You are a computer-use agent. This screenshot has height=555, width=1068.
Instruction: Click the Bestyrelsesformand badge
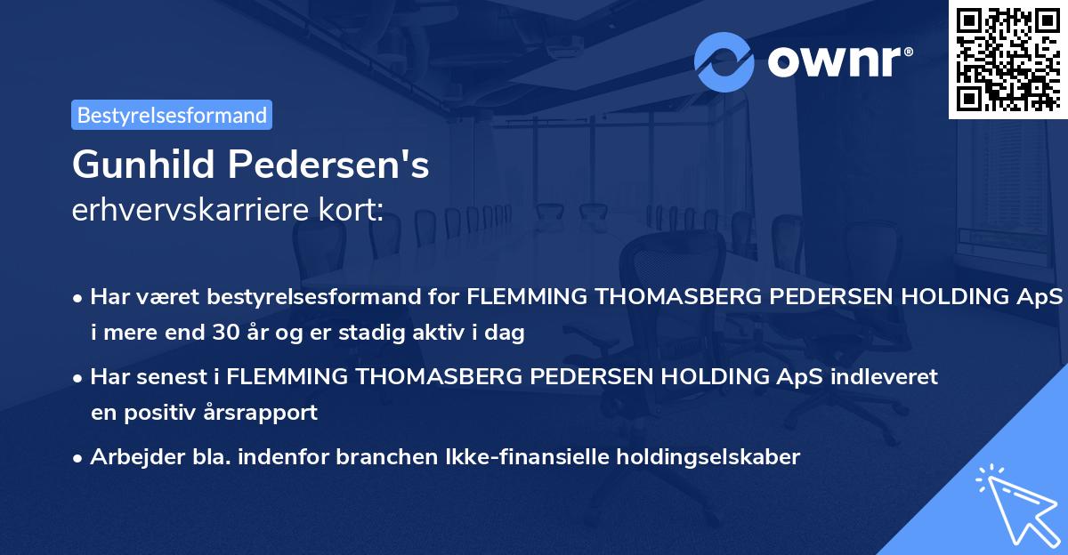coord(171,115)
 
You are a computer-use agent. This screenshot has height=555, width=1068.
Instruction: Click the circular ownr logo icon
coord(724,61)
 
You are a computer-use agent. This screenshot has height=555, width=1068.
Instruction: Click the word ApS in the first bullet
coord(1042,296)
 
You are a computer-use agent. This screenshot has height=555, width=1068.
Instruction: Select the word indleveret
coord(885,376)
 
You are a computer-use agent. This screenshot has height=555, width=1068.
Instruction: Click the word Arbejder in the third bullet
coord(130,457)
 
